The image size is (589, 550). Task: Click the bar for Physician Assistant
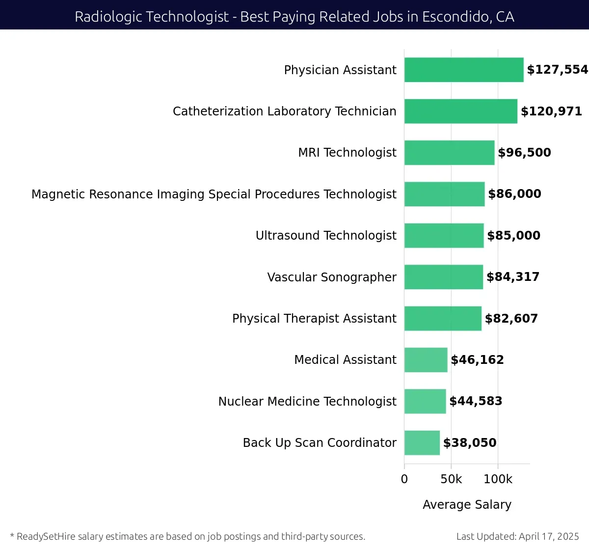point(464,70)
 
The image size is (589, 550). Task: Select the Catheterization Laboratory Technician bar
point(460,111)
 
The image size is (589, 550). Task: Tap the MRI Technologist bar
point(449,153)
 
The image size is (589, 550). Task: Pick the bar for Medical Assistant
point(426,360)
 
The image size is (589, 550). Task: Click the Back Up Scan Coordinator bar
point(422,443)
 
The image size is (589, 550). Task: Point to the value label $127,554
point(557,70)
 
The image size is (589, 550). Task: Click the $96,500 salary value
point(524,153)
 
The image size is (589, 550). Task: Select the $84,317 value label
point(513,277)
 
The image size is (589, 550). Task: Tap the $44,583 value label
point(476,401)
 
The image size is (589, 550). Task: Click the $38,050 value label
point(470,443)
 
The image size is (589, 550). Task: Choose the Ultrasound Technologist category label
point(326,236)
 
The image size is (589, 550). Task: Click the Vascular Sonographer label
point(332,277)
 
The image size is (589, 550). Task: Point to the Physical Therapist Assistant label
point(314,319)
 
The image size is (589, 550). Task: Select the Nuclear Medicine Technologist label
point(307,402)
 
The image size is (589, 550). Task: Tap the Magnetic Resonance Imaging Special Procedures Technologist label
point(214,194)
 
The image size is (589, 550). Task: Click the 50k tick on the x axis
point(451,479)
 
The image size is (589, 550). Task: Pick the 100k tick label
point(498,479)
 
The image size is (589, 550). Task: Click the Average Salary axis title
point(467,505)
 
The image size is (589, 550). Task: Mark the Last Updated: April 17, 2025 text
point(517,536)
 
